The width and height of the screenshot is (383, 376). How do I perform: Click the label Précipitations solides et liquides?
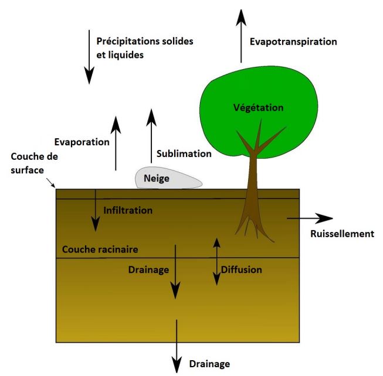(144, 48)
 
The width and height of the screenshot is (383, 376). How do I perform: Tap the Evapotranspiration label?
(293, 42)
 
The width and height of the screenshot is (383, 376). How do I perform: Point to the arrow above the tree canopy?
(240, 35)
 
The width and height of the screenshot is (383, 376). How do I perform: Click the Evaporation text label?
(82, 142)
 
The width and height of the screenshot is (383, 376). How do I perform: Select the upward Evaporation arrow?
(116, 143)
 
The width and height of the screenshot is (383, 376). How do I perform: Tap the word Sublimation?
(184, 154)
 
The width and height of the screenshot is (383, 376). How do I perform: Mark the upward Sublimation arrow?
(151, 138)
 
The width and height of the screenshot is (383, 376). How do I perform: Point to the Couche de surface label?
(34, 163)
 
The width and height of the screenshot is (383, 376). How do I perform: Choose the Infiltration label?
(128, 210)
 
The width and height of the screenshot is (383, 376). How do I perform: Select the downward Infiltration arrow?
(94, 211)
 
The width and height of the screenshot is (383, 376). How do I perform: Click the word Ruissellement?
(341, 234)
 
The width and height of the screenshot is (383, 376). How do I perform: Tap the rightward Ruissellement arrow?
(308, 218)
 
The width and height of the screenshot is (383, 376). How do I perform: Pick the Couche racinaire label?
(100, 249)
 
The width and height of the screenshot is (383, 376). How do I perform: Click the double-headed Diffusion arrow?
(216, 261)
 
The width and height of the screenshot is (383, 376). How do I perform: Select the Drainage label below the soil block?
(209, 364)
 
